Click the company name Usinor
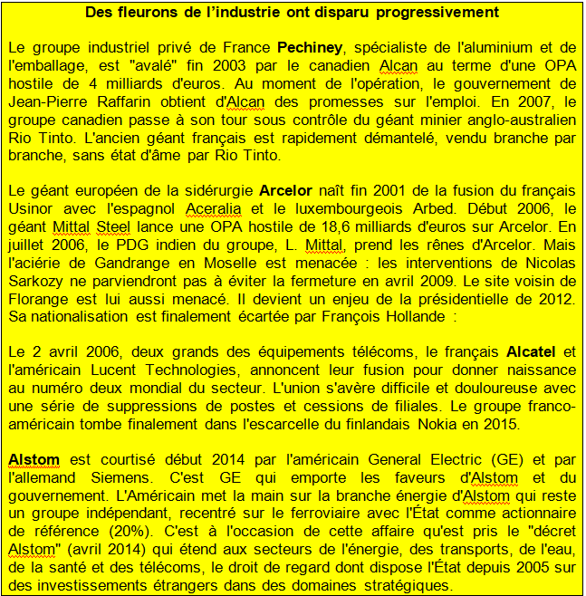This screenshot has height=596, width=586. click(30, 208)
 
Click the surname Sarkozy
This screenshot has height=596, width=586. click(35, 281)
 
